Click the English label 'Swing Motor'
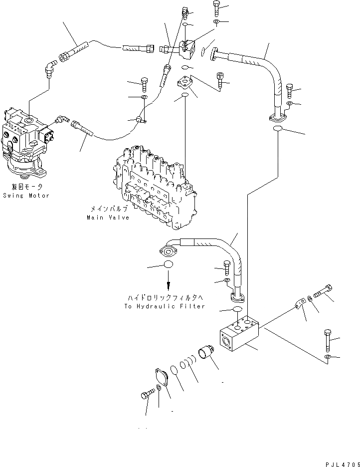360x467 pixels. click(x=26, y=196)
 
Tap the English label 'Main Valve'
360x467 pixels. click(x=108, y=218)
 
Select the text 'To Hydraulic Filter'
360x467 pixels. click(x=165, y=306)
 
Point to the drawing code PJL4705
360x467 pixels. click(x=343, y=464)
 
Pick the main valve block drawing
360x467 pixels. click(x=155, y=188)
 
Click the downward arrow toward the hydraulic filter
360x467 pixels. click(x=169, y=280)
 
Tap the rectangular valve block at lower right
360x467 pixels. click(x=239, y=334)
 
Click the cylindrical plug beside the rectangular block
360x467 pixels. click(x=205, y=353)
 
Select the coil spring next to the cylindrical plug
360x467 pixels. click(x=188, y=362)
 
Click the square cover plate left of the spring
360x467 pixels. click(x=162, y=378)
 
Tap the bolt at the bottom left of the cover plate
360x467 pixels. click(x=148, y=394)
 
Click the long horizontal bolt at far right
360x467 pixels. click(x=323, y=291)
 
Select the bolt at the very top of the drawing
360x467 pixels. click(x=216, y=8)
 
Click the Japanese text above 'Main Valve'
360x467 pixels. click(x=109, y=208)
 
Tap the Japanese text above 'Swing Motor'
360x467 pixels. click(x=27, y=187)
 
